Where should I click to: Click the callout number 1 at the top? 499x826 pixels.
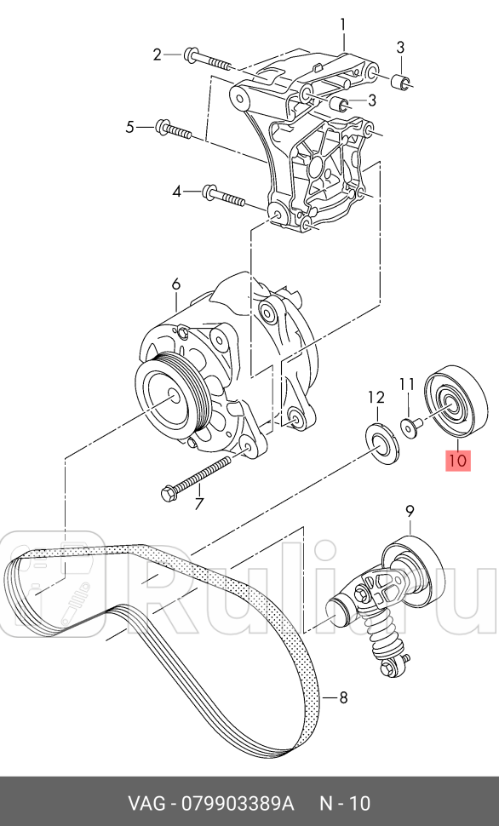tap(343, 24)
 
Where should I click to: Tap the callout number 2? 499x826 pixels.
tap(157, 55)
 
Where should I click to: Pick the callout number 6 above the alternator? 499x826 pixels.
tap(175, 284)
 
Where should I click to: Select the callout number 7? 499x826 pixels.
tap(199, 504)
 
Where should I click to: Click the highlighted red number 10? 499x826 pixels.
tap(457, 462)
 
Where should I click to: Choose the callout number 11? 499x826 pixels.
tap(407, 384)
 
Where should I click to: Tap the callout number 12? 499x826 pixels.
tap(376, 397)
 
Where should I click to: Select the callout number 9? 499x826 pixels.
tap(410, 511)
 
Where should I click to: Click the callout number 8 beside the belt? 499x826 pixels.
tap(343, 699)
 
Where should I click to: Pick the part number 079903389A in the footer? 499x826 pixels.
tap(236, 804)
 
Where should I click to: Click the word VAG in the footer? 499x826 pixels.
tap(147, 804)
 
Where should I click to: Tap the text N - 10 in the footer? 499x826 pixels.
tap(344, 804)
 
